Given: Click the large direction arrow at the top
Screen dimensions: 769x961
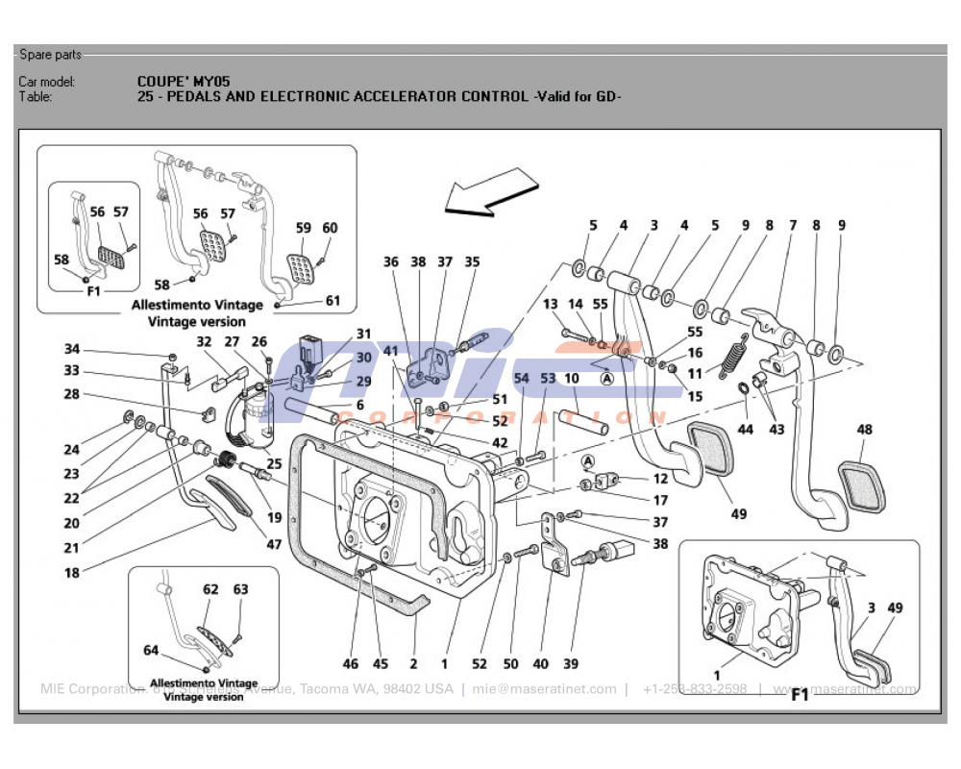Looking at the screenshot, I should [x=489, y=191].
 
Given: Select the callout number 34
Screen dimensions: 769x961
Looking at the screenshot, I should [x=72, y=350].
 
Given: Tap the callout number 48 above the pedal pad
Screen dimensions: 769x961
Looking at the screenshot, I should [x=865, y=430].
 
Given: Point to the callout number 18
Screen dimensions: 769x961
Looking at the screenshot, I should [x=72, y=572].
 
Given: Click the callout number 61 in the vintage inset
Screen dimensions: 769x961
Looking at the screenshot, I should [x=333, y=301].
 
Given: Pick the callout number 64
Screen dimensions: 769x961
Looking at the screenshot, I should [x=151, y=651].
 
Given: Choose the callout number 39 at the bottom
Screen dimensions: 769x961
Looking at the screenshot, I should [x=572, y=664].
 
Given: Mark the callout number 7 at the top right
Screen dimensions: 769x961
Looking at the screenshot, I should [x=794, y=226].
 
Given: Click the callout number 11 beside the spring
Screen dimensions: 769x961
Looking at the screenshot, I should [x=695, y=375].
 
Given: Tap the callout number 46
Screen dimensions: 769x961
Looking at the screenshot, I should [x=350, y=664].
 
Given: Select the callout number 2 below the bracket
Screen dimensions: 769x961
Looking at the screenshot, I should [x=413, y=664].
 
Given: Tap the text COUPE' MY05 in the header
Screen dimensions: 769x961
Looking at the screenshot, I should [x=184, y=82].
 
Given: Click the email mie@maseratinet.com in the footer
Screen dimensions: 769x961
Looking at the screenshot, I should [x=544, y=689].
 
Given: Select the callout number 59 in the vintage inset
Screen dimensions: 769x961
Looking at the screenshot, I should [x=304, y=229].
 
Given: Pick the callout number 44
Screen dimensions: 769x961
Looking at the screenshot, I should [x=745, y=430].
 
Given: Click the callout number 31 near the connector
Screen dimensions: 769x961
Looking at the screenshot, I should [x=363, y=335].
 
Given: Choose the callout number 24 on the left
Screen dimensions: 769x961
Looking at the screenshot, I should [x=72, y=449].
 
